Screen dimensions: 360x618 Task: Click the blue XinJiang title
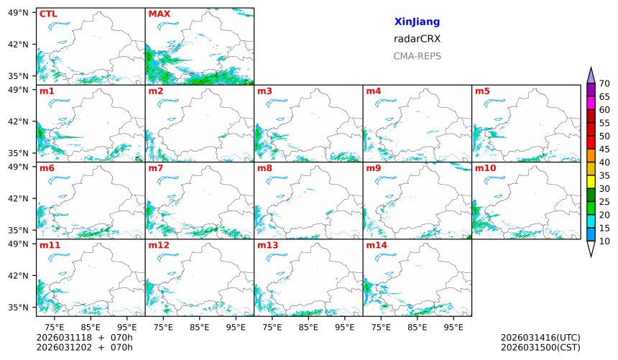(x=417, y=22)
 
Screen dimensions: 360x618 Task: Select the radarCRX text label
(x=417, y=39)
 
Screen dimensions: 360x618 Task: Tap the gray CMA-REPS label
(x=417, y=56)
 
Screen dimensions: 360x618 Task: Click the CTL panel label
(x=48, y=14)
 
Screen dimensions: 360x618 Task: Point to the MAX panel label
(x=159, y=14)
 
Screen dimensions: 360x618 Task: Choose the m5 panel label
(x=482, y=91)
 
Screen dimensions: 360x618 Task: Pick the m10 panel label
(x=485, y=168)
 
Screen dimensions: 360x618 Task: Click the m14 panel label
(x=376, y=245)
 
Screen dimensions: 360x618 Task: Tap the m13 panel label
(x=267, y=245)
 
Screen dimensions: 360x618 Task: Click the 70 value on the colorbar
(x=604, y=83)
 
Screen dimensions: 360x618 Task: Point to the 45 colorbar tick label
(x=604, y=149)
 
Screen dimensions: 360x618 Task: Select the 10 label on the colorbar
(x=604, y=241)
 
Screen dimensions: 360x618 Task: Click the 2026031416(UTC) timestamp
(x=540, y=337)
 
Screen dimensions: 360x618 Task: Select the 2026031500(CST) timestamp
(x=540, y=347)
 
